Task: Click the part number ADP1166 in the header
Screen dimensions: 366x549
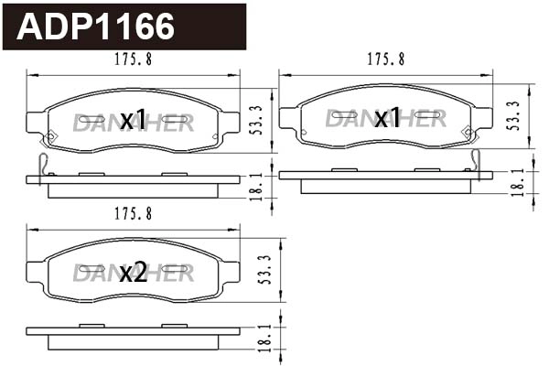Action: pos(96,27)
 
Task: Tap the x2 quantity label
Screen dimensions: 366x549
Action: pos(134,272)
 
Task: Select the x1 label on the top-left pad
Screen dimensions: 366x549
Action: pos(134,119)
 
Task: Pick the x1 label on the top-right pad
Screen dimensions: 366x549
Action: pos(386,117)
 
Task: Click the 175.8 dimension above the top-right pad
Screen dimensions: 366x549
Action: pos(386,59)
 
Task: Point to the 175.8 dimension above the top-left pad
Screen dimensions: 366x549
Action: pos(134,59)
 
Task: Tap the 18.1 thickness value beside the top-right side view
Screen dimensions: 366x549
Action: pos(517,182)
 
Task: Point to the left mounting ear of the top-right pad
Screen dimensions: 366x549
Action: pos(288,117)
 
